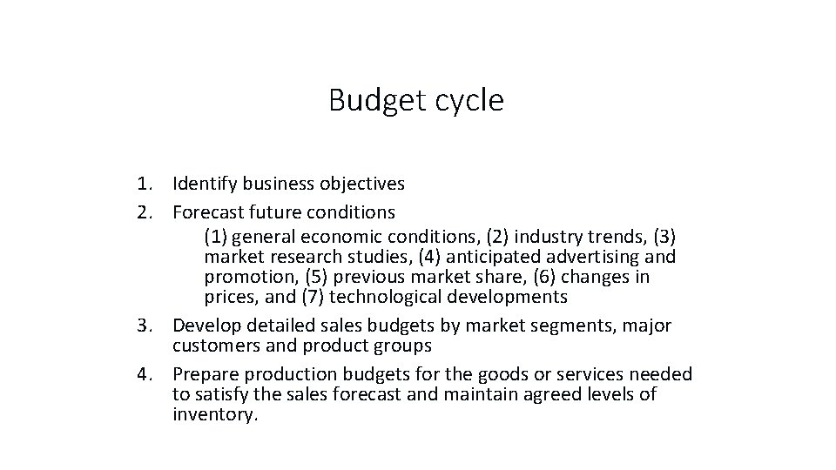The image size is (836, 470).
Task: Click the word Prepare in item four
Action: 207,374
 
